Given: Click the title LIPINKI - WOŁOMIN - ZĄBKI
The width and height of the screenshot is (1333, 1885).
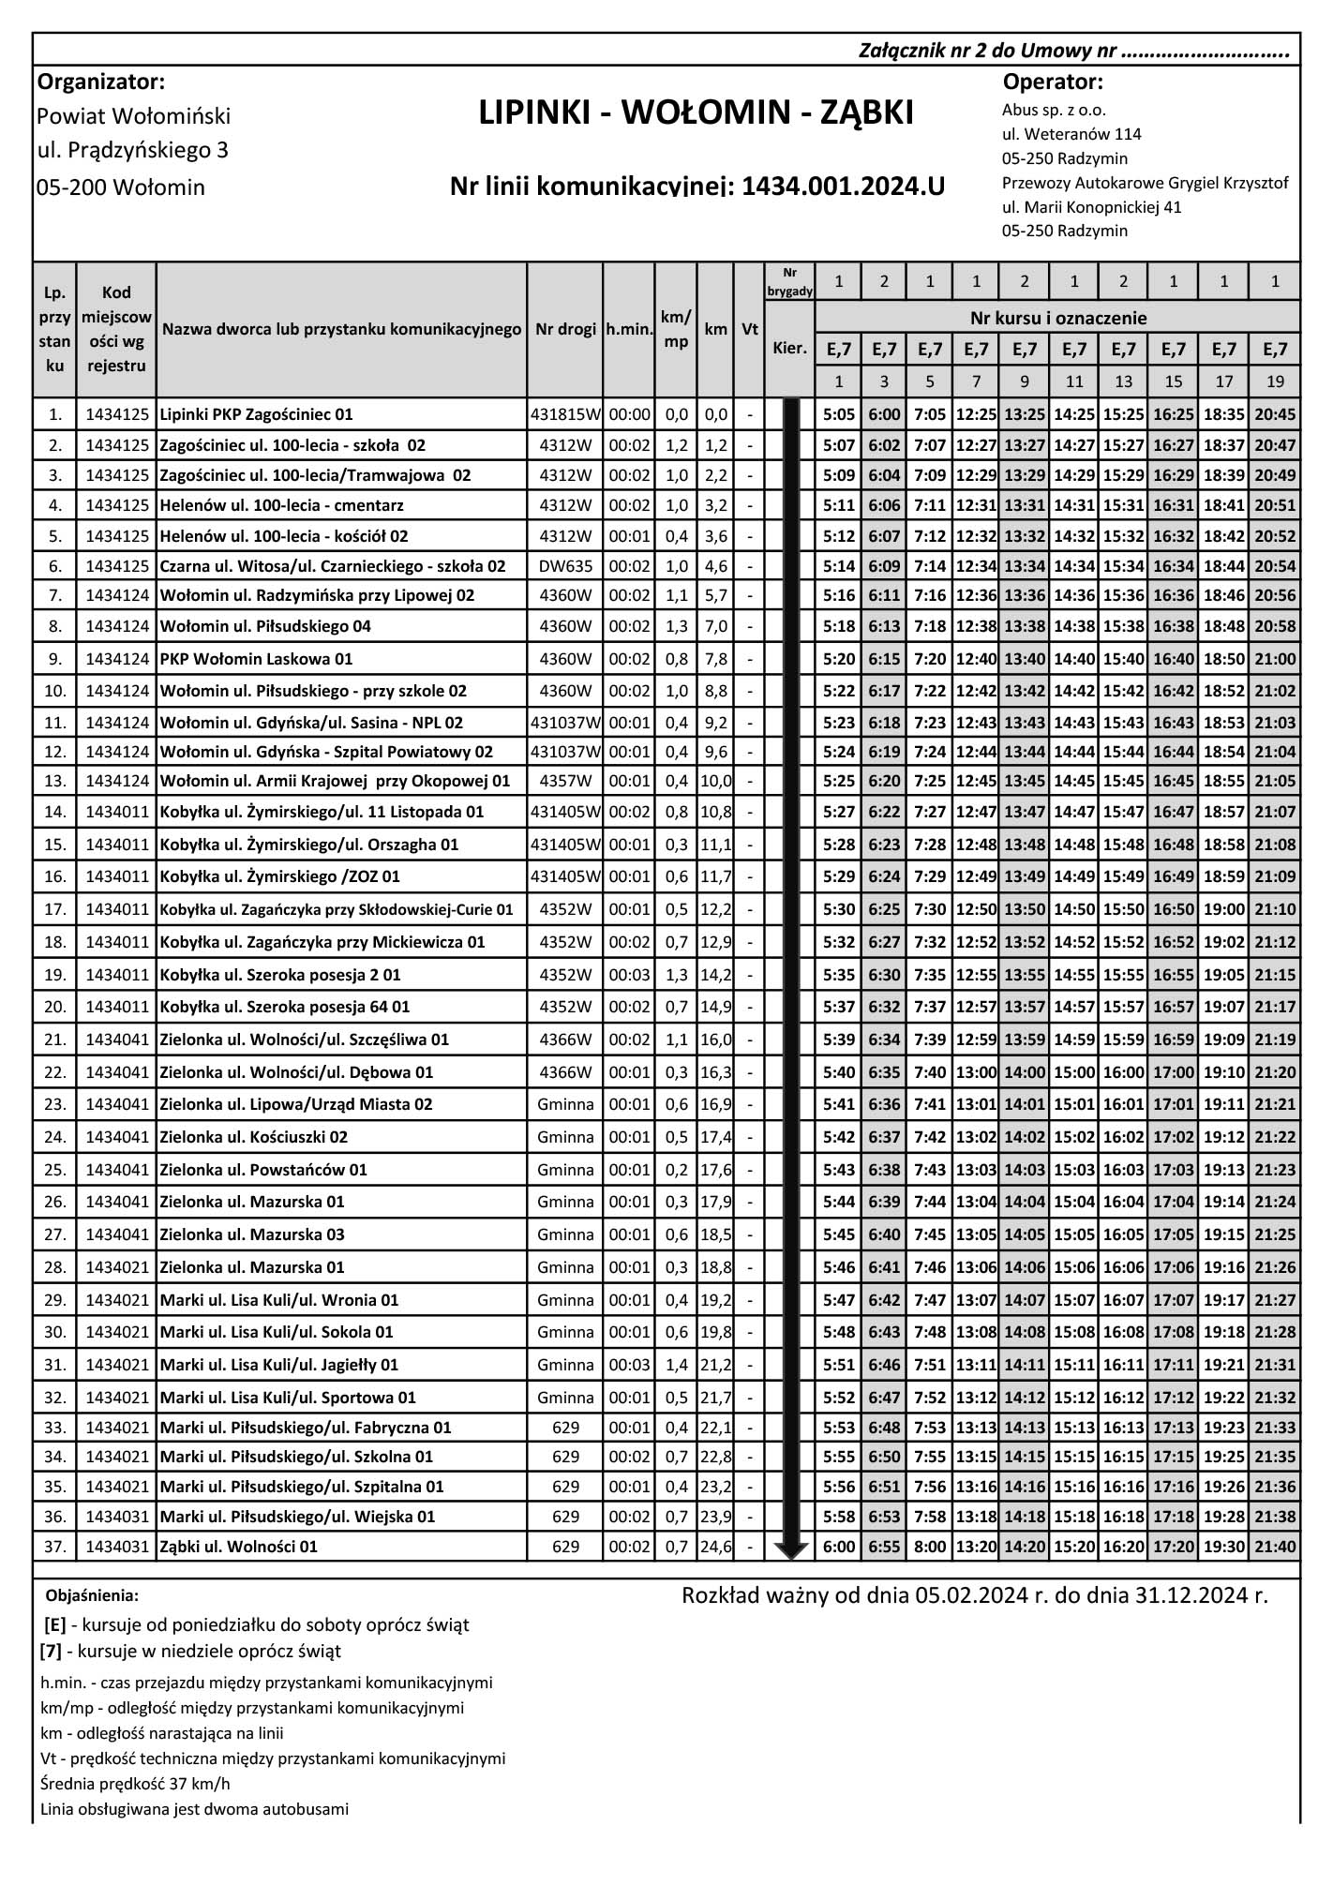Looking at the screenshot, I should (x=696, y=113).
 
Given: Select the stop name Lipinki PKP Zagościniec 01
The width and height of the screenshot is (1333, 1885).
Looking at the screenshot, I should (x=256, y=414).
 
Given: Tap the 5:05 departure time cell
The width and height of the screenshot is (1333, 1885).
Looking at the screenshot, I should (x=838, y=414).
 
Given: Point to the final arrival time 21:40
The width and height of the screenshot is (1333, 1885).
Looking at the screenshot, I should (x=1274, y=1547).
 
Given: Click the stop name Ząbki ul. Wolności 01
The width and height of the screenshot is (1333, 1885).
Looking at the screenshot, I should (x=239, y=1547).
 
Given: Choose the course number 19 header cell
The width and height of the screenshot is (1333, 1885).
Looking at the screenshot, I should (x=1274, y=381).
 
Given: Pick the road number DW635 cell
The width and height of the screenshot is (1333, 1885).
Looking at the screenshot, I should (x=565, y=566).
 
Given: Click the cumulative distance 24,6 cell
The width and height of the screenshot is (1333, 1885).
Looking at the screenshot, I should (x=716, y=1547).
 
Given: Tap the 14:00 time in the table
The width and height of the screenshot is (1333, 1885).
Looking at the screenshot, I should (x=1024, y=1072).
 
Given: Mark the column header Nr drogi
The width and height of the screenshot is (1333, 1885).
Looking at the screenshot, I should (x=565, y=329).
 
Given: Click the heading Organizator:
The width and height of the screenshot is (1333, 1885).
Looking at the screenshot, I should (x=101, y=82).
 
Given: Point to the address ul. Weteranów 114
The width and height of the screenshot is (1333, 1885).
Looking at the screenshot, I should (x=1071, y=134).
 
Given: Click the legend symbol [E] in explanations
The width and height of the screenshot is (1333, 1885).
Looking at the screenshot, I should (x=54, y=1624).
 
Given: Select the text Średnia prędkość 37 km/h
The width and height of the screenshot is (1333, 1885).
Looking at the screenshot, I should (x=136, y=1783).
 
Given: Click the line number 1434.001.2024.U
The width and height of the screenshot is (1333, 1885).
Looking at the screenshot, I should (x=843, y=187).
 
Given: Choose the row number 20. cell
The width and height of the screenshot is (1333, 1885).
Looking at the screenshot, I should (x=55, y=1007).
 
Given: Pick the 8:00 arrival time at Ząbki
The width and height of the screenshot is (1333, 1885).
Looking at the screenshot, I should (x=929, y=1547).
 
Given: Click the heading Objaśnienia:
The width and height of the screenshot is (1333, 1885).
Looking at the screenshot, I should (x=92, y=1595).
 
